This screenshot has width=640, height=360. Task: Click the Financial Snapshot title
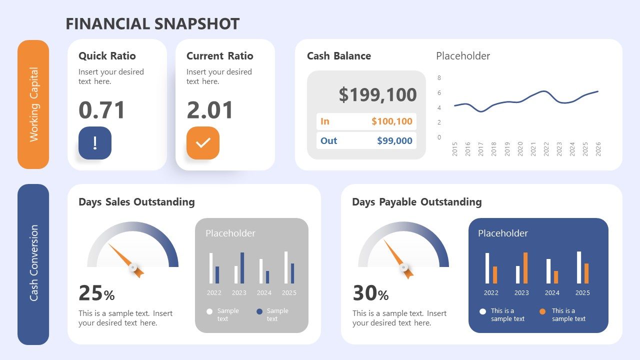point(152,23)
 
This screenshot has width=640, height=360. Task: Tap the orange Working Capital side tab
point(33,104)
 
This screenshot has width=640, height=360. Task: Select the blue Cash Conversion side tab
point(33,263)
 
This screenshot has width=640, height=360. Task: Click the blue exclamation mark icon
point(95,143)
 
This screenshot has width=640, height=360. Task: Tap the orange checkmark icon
point(203,143)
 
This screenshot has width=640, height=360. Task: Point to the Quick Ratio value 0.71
point(102,110)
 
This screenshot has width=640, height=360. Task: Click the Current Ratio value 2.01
point(210,110)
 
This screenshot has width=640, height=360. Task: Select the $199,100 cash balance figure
point(377,94)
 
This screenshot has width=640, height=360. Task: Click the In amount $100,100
point(391,121)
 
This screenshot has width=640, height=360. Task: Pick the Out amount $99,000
point(394,140)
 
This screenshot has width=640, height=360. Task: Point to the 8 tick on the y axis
point(439,78)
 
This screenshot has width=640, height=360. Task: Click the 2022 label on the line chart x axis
point(546,149)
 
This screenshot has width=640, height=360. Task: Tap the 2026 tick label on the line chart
point(598,149)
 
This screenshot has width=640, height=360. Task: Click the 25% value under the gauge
point(96,293)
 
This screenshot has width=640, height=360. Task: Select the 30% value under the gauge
point(370,293)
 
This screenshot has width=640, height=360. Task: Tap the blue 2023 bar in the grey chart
point(242,268)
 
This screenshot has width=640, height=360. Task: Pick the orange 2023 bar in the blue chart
point(525,268)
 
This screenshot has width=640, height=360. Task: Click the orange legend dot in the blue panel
point(542,311)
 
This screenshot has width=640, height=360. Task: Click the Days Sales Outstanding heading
point(136,202)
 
